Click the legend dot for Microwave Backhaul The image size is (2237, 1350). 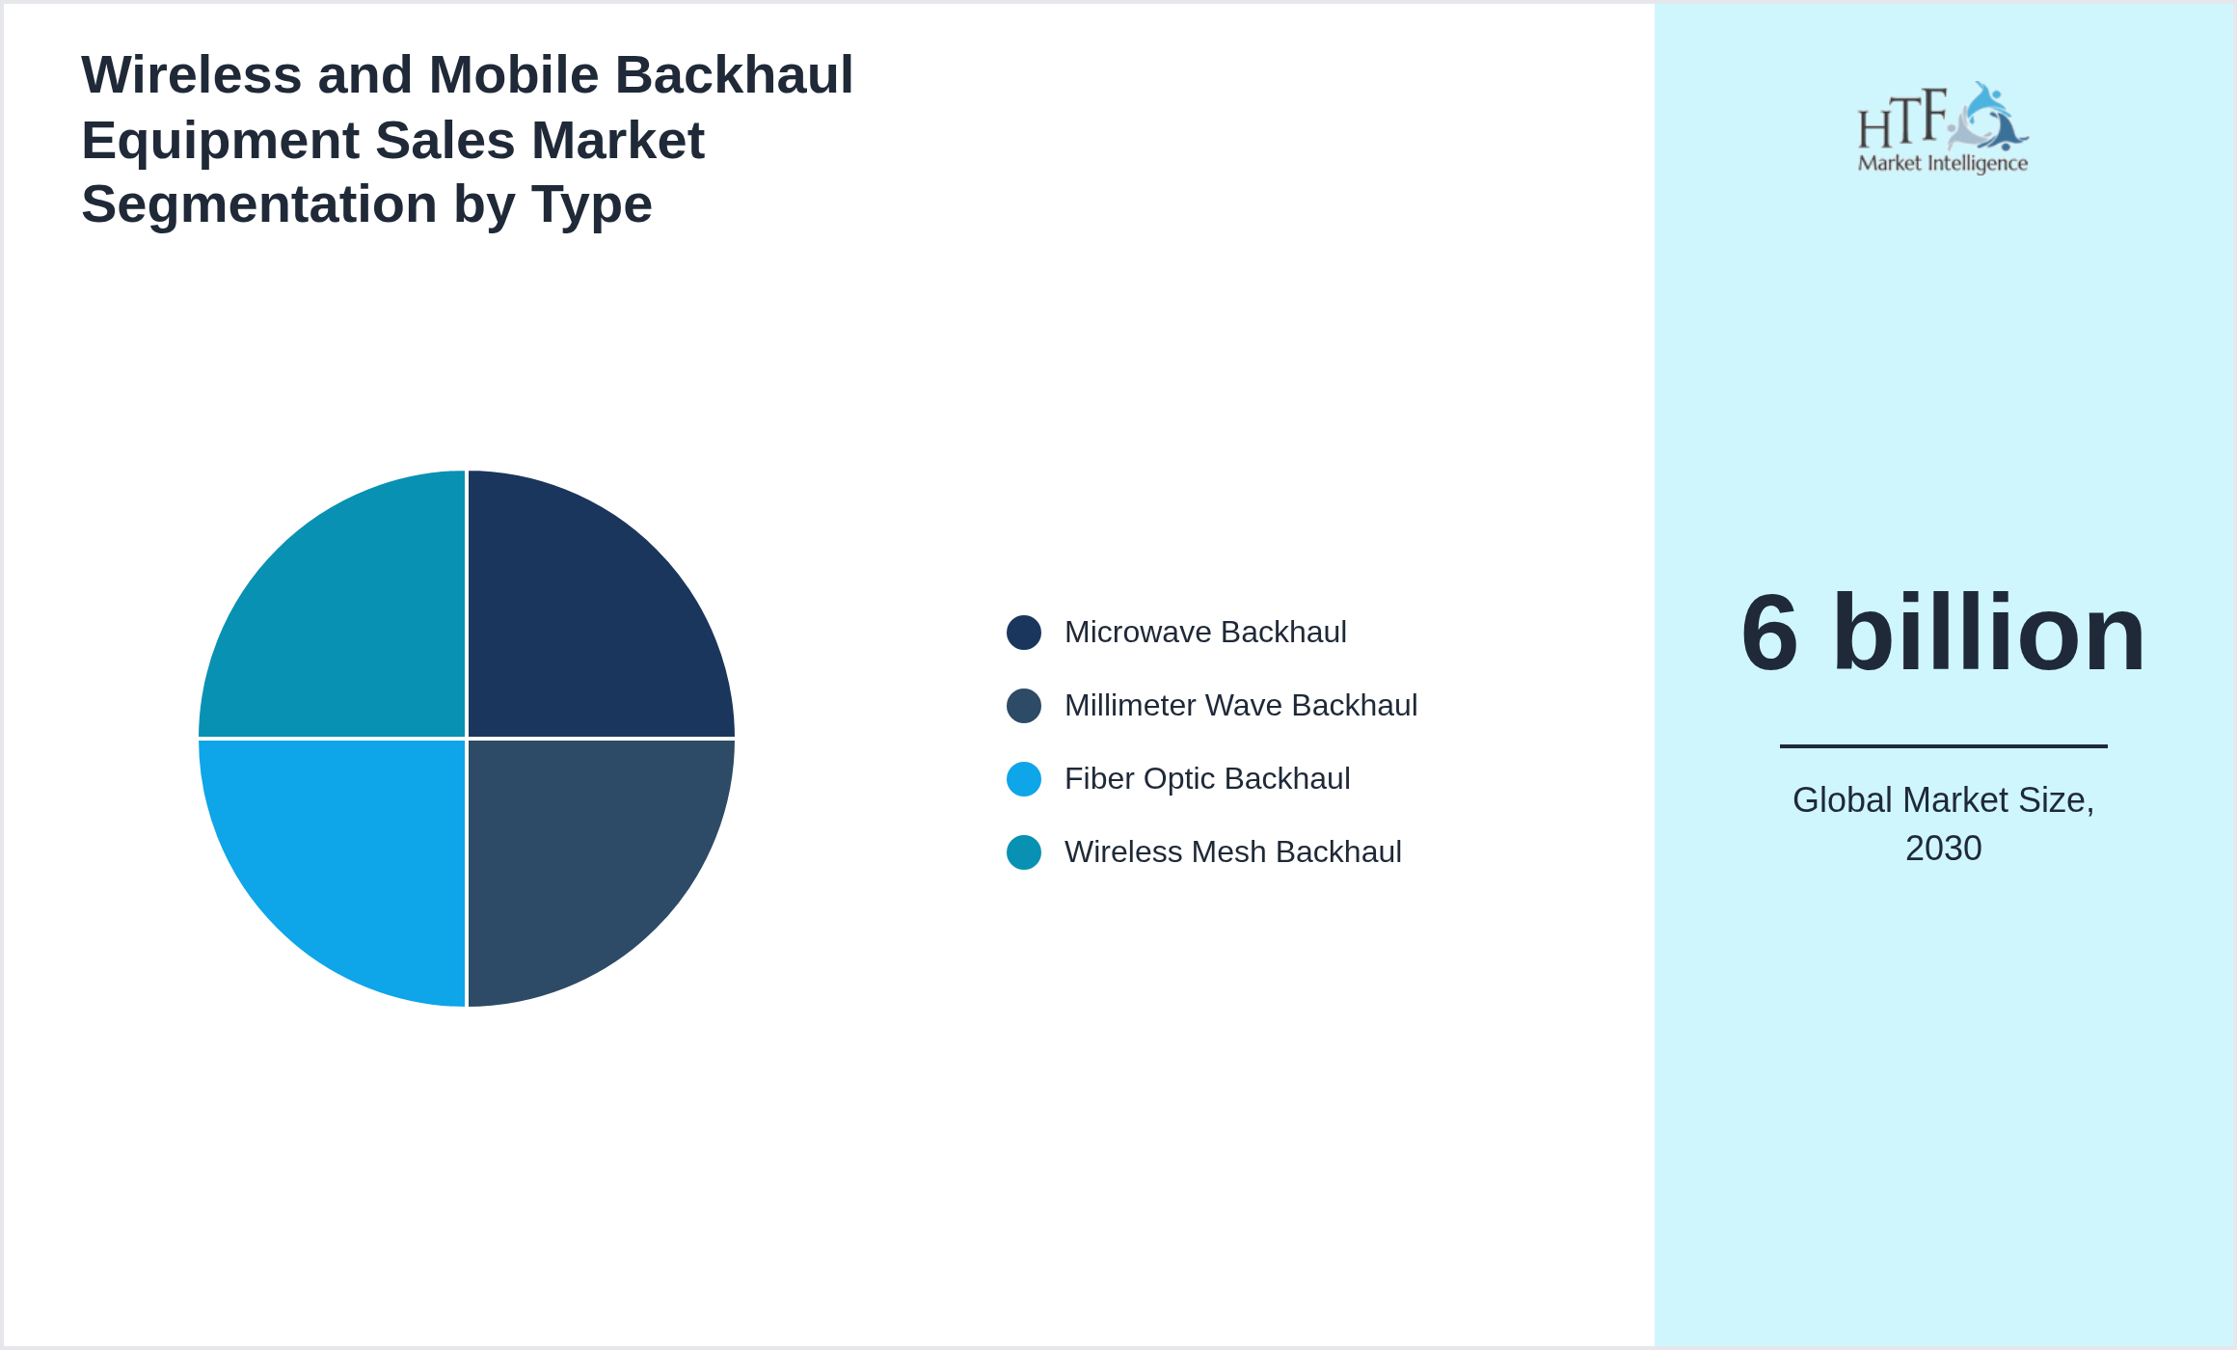[x=1023, y=633]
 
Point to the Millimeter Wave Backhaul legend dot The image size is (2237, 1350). [x=1023, y=706]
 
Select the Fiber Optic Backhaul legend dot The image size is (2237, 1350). [x=1023, y=779]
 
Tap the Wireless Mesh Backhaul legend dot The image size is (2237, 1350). [x=1023, y=852]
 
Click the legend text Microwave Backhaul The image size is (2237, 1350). [x=1205, y=633]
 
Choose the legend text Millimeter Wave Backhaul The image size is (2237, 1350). [x=1241, y=706]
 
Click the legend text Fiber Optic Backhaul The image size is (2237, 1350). [x=1207, y=779]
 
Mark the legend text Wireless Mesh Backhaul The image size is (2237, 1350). [x=1232, y=852]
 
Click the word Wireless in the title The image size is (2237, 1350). [x=191, y=75]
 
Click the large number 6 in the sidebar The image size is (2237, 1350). [x=1770, y=634]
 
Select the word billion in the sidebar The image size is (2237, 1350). [x=1988, y=634]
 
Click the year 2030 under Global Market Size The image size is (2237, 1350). [x=1943, y=849]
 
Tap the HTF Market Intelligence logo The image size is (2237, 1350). [x=1943, y=128]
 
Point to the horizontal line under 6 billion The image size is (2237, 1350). [x=1943, y=745]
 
